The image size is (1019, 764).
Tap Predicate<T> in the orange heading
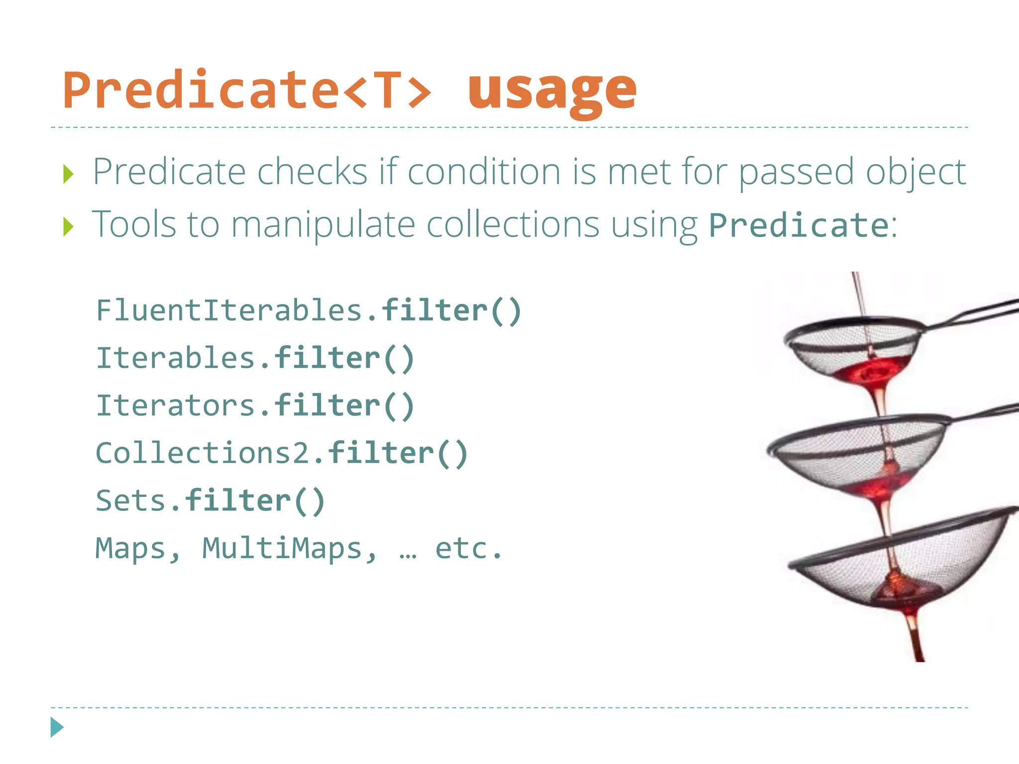pos(247,91)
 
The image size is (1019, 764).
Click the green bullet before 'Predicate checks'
pos(69,175)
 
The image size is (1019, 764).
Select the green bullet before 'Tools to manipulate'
pos(69,227)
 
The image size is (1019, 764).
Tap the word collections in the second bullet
pos(513,224)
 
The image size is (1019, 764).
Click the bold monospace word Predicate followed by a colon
pos(798,225)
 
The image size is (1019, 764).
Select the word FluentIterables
pos(229,311)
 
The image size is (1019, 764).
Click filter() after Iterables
pos(344,358)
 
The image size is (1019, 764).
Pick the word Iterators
pos(175,405)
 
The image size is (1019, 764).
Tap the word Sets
pos(130,500)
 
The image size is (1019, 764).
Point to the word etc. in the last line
pos(468,548)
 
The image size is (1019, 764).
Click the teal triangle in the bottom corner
pos(57,727)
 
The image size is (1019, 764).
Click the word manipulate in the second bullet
pos(323,225)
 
